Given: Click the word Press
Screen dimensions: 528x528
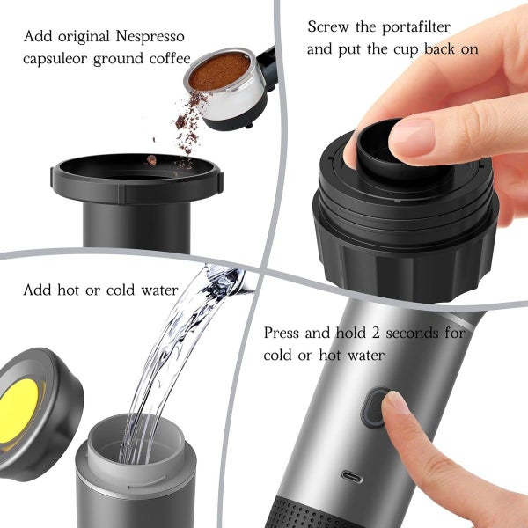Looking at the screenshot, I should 284,334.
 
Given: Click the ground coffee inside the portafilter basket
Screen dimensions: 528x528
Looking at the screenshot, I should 219,70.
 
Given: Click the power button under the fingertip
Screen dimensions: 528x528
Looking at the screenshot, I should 377,407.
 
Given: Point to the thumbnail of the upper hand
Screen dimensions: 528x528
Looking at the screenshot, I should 412,137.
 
